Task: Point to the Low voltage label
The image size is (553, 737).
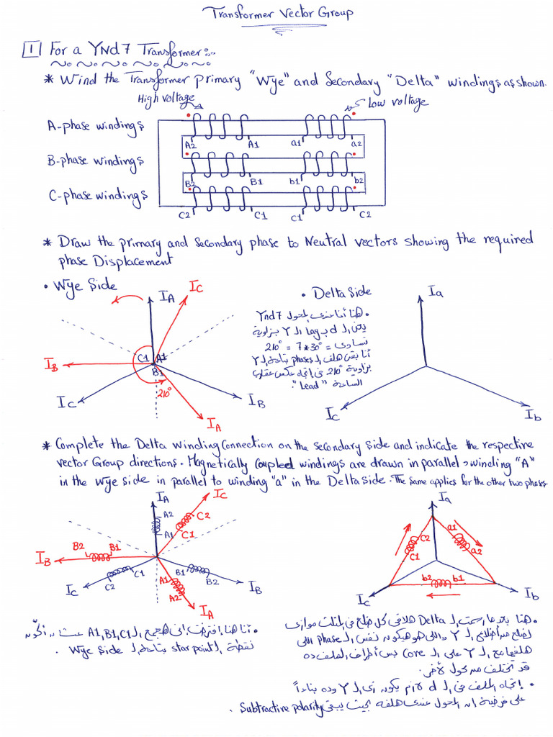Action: click(x=397, y=103)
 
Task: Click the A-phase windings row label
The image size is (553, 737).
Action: click(x=95, y=127)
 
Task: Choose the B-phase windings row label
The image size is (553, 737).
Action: click(x=95, y=160)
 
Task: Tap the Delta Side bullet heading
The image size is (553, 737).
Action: click(x=341, y=292)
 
